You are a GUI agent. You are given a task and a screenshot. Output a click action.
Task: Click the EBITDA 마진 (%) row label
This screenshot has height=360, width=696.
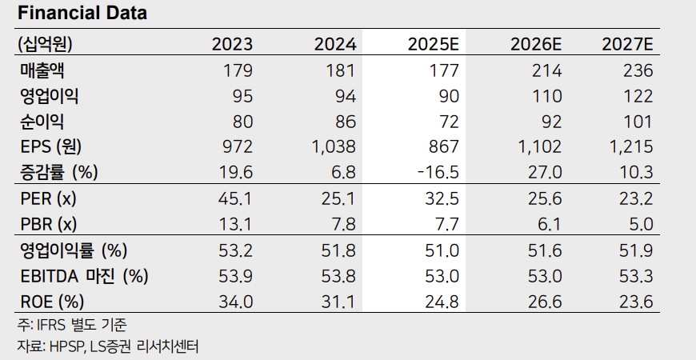(x=84, y=277)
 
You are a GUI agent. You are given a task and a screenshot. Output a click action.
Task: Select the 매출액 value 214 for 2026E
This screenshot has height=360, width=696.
(x=546, y=70)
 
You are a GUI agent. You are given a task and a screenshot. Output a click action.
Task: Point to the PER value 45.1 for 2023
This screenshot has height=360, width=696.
(x=236, y=199)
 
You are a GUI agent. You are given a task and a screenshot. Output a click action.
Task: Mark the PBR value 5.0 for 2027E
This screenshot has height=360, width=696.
(x=640, y=225)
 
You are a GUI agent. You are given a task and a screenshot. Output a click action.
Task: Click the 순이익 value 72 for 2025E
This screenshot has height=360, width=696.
(x=448, y=122)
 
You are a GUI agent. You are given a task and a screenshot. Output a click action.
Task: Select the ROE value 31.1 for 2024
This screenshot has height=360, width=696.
(x=339, y=302)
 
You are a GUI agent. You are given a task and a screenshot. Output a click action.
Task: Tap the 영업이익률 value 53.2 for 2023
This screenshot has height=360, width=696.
(x=236, y=251)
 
